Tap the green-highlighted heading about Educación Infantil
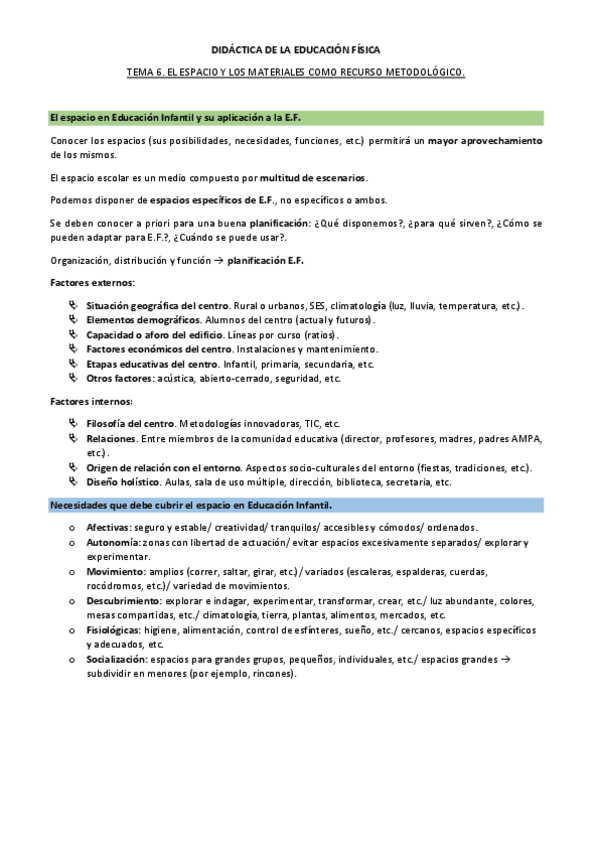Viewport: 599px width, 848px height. click(x=161, y=118)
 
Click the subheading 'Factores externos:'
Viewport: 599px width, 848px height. click(x=92, y=283)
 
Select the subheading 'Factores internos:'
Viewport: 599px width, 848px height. click(x=91, y=401)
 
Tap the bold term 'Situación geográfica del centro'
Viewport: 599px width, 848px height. click(x=158, y=305)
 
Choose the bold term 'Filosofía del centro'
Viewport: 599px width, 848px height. click(x=130, y=423)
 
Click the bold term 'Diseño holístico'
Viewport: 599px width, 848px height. click(x=123, y=482)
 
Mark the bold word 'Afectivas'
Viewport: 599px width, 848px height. click(x=107, y=527)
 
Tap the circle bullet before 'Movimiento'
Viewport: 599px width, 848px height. click(x=70, y=572)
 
